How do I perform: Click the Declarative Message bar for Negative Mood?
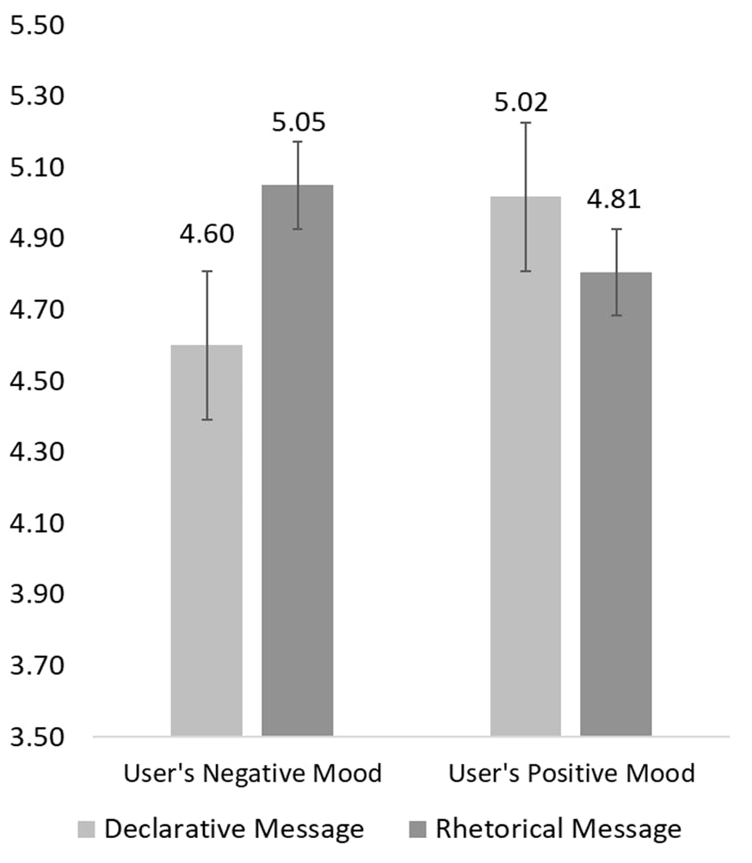tap(206, 542)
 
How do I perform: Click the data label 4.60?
tap(206, 234)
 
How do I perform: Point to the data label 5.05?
tap(298, 122)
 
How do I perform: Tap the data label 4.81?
tap(613, 199)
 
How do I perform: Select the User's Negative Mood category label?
tap(252, 774)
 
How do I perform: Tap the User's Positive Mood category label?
tap(570, 774)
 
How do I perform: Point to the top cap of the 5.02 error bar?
tap(526, 123)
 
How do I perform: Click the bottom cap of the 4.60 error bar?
tap(206, 419)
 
